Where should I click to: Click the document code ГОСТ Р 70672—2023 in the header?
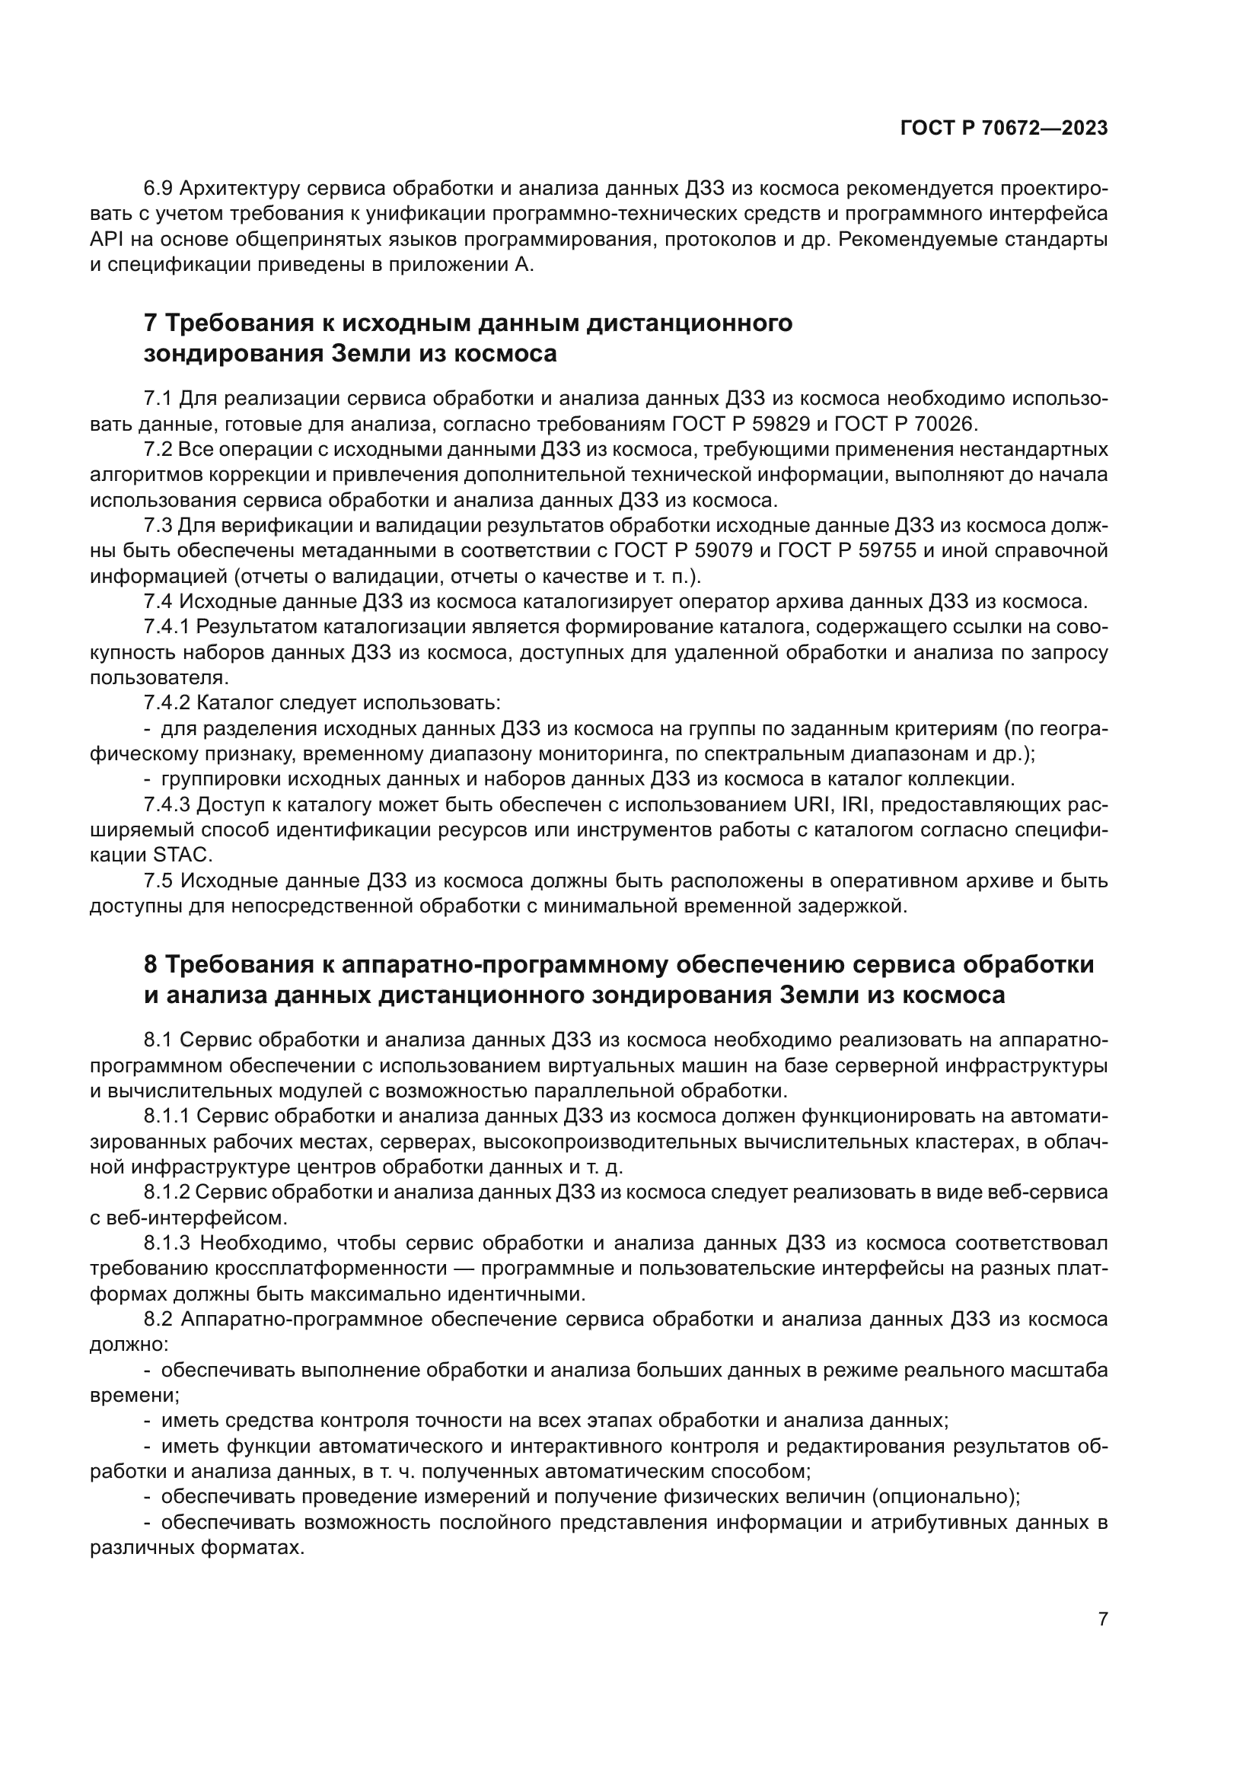[1003, 129]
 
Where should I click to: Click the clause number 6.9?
[159, 189]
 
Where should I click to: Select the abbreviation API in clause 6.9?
[102, 240]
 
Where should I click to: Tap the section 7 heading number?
[151, 323]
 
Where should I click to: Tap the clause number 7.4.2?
[167, 703]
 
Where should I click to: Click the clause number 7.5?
[159, 880]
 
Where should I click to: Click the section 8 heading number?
[151, 964]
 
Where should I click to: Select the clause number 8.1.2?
[167, 1193]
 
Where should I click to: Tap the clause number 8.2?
[159, 1319]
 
